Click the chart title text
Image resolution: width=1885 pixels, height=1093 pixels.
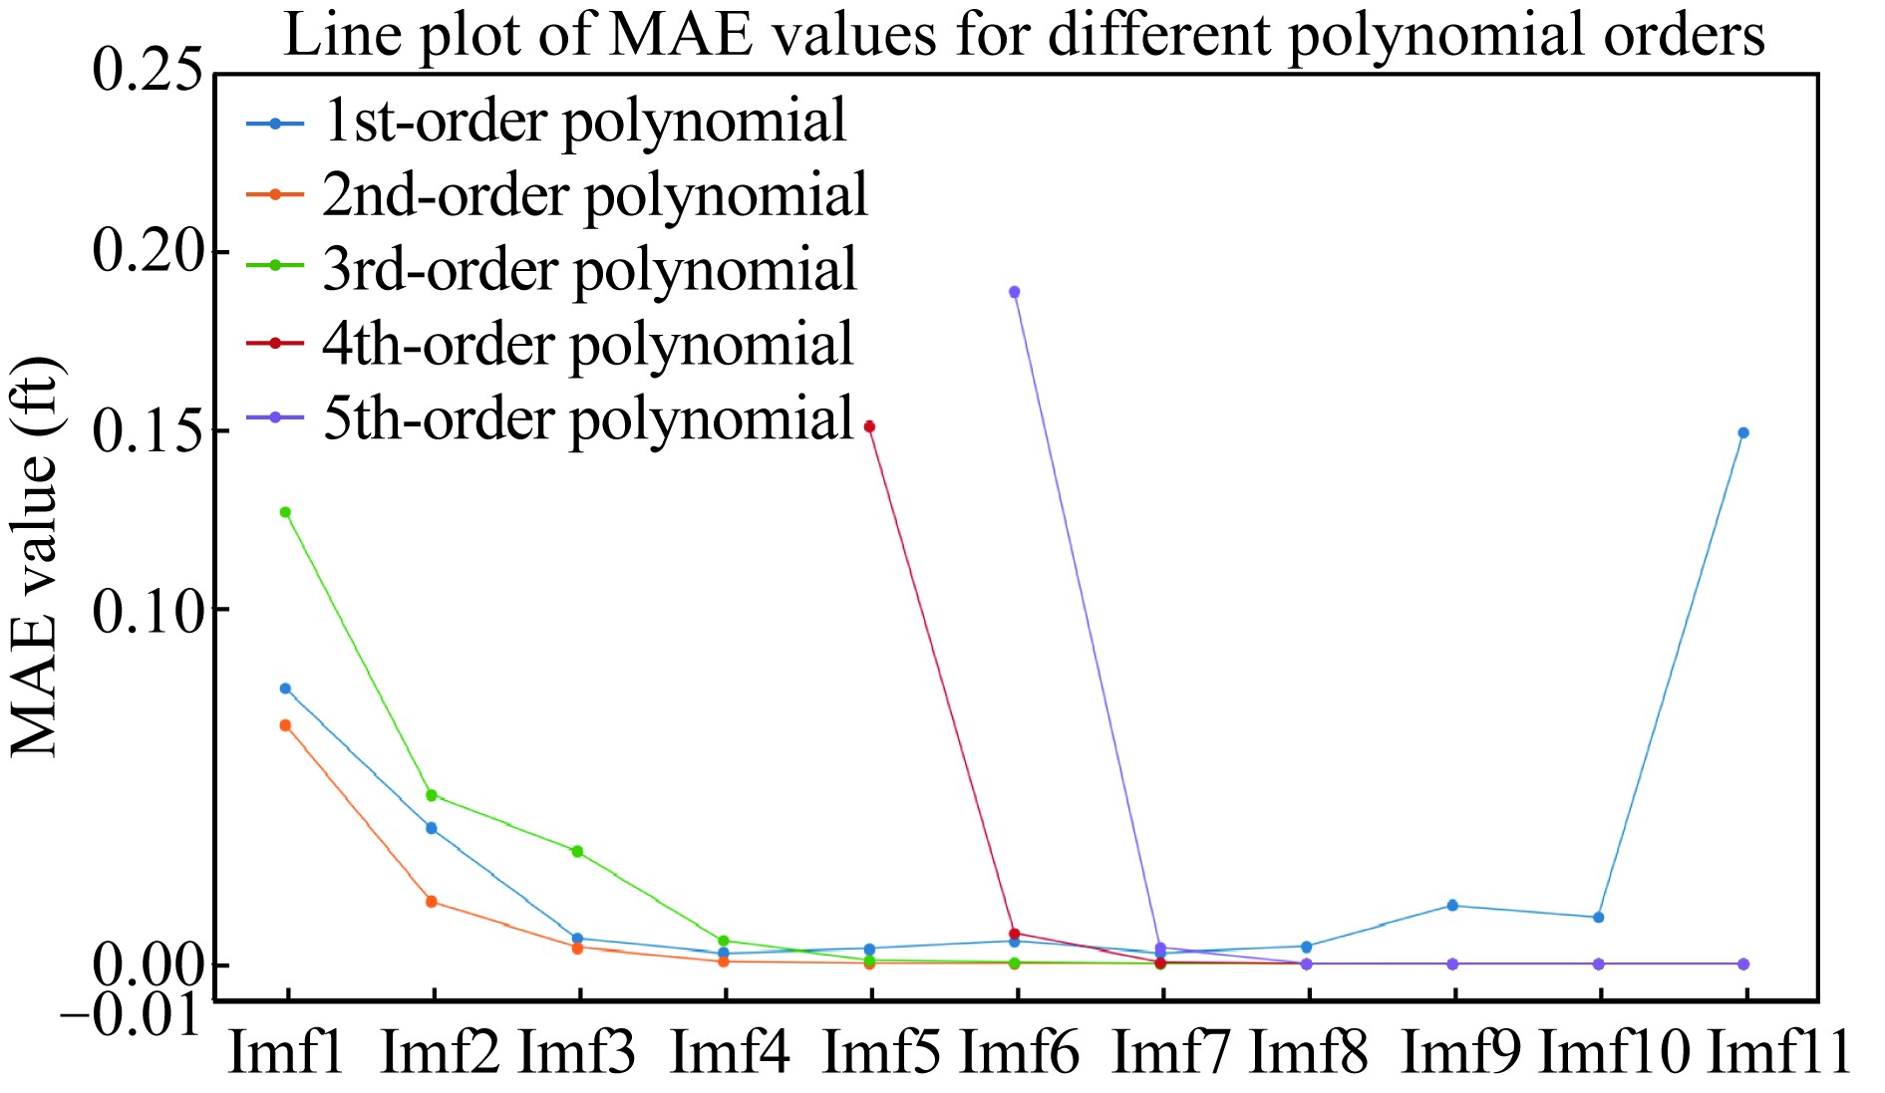pos(1024,36)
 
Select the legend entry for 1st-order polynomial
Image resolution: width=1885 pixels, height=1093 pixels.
pos(584,122)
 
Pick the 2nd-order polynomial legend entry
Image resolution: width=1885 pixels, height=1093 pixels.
pos(595,195)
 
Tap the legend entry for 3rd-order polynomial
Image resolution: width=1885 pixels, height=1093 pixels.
pos(589,270)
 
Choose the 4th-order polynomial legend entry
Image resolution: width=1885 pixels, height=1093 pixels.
pos(587,345)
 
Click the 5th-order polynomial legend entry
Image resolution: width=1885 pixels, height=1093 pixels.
pos(587,418)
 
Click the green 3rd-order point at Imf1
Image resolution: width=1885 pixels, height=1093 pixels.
pos(285,512)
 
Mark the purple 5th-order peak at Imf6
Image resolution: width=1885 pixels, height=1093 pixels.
pos(1015,292)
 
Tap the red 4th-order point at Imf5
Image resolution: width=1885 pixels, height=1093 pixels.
pos(869,426)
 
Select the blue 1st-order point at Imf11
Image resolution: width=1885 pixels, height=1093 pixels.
pos(1743,432)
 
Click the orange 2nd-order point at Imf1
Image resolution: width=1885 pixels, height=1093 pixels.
pos(285,725)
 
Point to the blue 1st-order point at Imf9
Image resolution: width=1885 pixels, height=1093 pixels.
pos(1452,905)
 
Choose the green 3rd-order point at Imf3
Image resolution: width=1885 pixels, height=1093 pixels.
pos(577,851)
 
